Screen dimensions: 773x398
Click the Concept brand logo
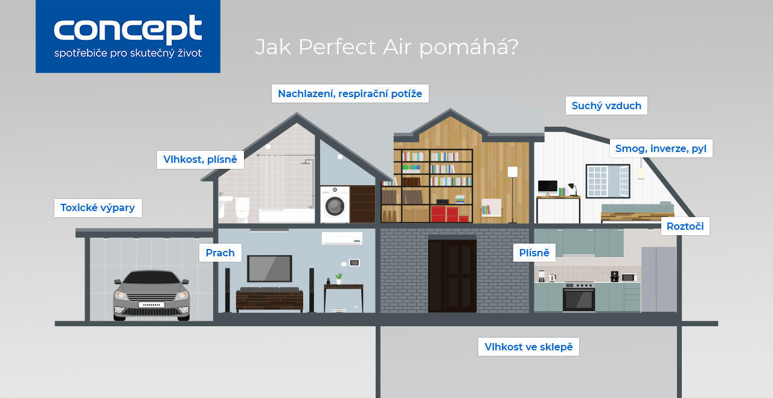coord(127,36)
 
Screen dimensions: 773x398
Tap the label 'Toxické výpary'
coord(98,208)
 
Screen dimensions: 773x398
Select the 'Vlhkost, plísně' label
coord(200,160)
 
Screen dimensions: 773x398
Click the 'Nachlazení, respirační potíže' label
coord(350,93)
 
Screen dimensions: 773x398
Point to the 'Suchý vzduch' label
coord(606,106)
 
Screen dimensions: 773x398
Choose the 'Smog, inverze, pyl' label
coord(661,148)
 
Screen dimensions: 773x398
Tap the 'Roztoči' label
coord(685,226)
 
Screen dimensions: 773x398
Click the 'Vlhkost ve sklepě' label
coord(528,347)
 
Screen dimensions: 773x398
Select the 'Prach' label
coord(220,253)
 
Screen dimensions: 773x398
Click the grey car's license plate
coord(152,305)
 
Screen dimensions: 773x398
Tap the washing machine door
coord(335,206)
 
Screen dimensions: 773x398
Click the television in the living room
coord(269,268)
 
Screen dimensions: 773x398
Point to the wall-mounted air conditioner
coord(342,238)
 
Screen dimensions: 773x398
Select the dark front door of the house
coord(452,276)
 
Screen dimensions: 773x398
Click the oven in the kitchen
coord(579,297)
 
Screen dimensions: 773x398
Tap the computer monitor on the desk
coord(548,186)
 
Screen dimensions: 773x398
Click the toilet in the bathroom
coord(242,208)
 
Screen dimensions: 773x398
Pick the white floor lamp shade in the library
coord(513,172)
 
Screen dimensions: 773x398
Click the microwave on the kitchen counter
coord(629,277)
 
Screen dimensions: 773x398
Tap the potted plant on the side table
coord(339,279)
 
